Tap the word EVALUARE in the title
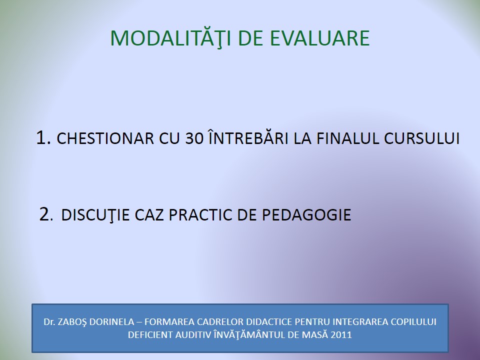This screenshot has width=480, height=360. tap(320, 38)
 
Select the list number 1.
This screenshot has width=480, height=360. tap(43, 137)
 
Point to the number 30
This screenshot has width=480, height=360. tap(194, 138)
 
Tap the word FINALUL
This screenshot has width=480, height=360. tap(348, 138)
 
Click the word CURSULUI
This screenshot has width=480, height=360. tap(422, 138)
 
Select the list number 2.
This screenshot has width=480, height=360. tap(46, 214)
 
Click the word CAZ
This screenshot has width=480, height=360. tap(149, 215)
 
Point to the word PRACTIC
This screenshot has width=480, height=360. tap(200, 215)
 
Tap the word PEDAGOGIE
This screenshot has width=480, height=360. tap(306, 215)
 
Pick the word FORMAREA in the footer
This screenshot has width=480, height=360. tap(169, 322)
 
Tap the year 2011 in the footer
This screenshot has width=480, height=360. tap(341, 335)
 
